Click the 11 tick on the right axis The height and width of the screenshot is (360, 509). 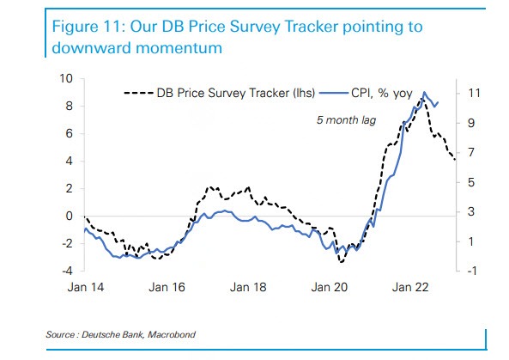pos(471,93)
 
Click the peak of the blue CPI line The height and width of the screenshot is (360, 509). pos(422,92)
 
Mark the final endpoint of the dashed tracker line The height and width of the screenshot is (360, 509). pos(455,160)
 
